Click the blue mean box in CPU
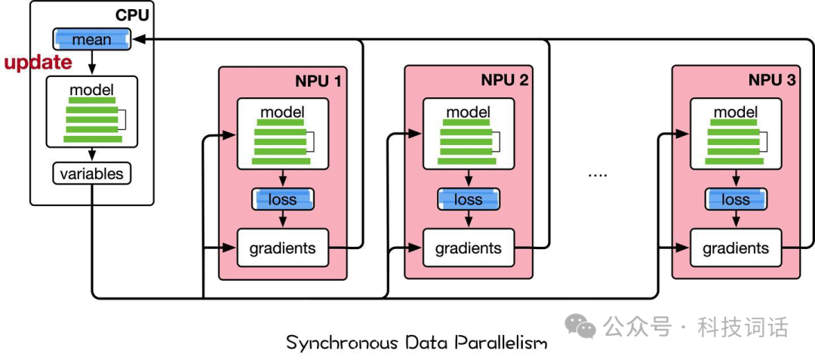pyautogui.click(x=91, y=40)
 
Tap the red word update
pyautogui.click(x=38, y=63)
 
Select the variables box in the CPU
pyautogui.click(x=91, y=174)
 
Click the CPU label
pyautogui.click(x=132, y=14)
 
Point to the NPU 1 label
pyautogui.click(x=318, y=80)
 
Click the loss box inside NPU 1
pyautogui.click(x=283, y=199)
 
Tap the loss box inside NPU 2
pyautogui.click(x=469, y=199)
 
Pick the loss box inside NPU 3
pyautogui.click(x=736, y=199)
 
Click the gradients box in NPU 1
pyautogui.click(x=283, y=248)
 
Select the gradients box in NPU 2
pyautogui.click(x=469, y=248)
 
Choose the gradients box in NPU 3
pyautogui.click(x=736, y=248)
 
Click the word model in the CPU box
pyautogui.click(x=91, y=89)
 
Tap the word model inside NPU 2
pyautogui.click(x=469, y=112)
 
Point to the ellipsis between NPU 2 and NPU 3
pyautogui.click(x=598, y=175)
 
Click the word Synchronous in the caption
pyautogui.click(x=342, y=343)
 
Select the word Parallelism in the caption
pyautogui.click(x=501, y=343)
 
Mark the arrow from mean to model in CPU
pyautogui.click(x=91, y=63)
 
